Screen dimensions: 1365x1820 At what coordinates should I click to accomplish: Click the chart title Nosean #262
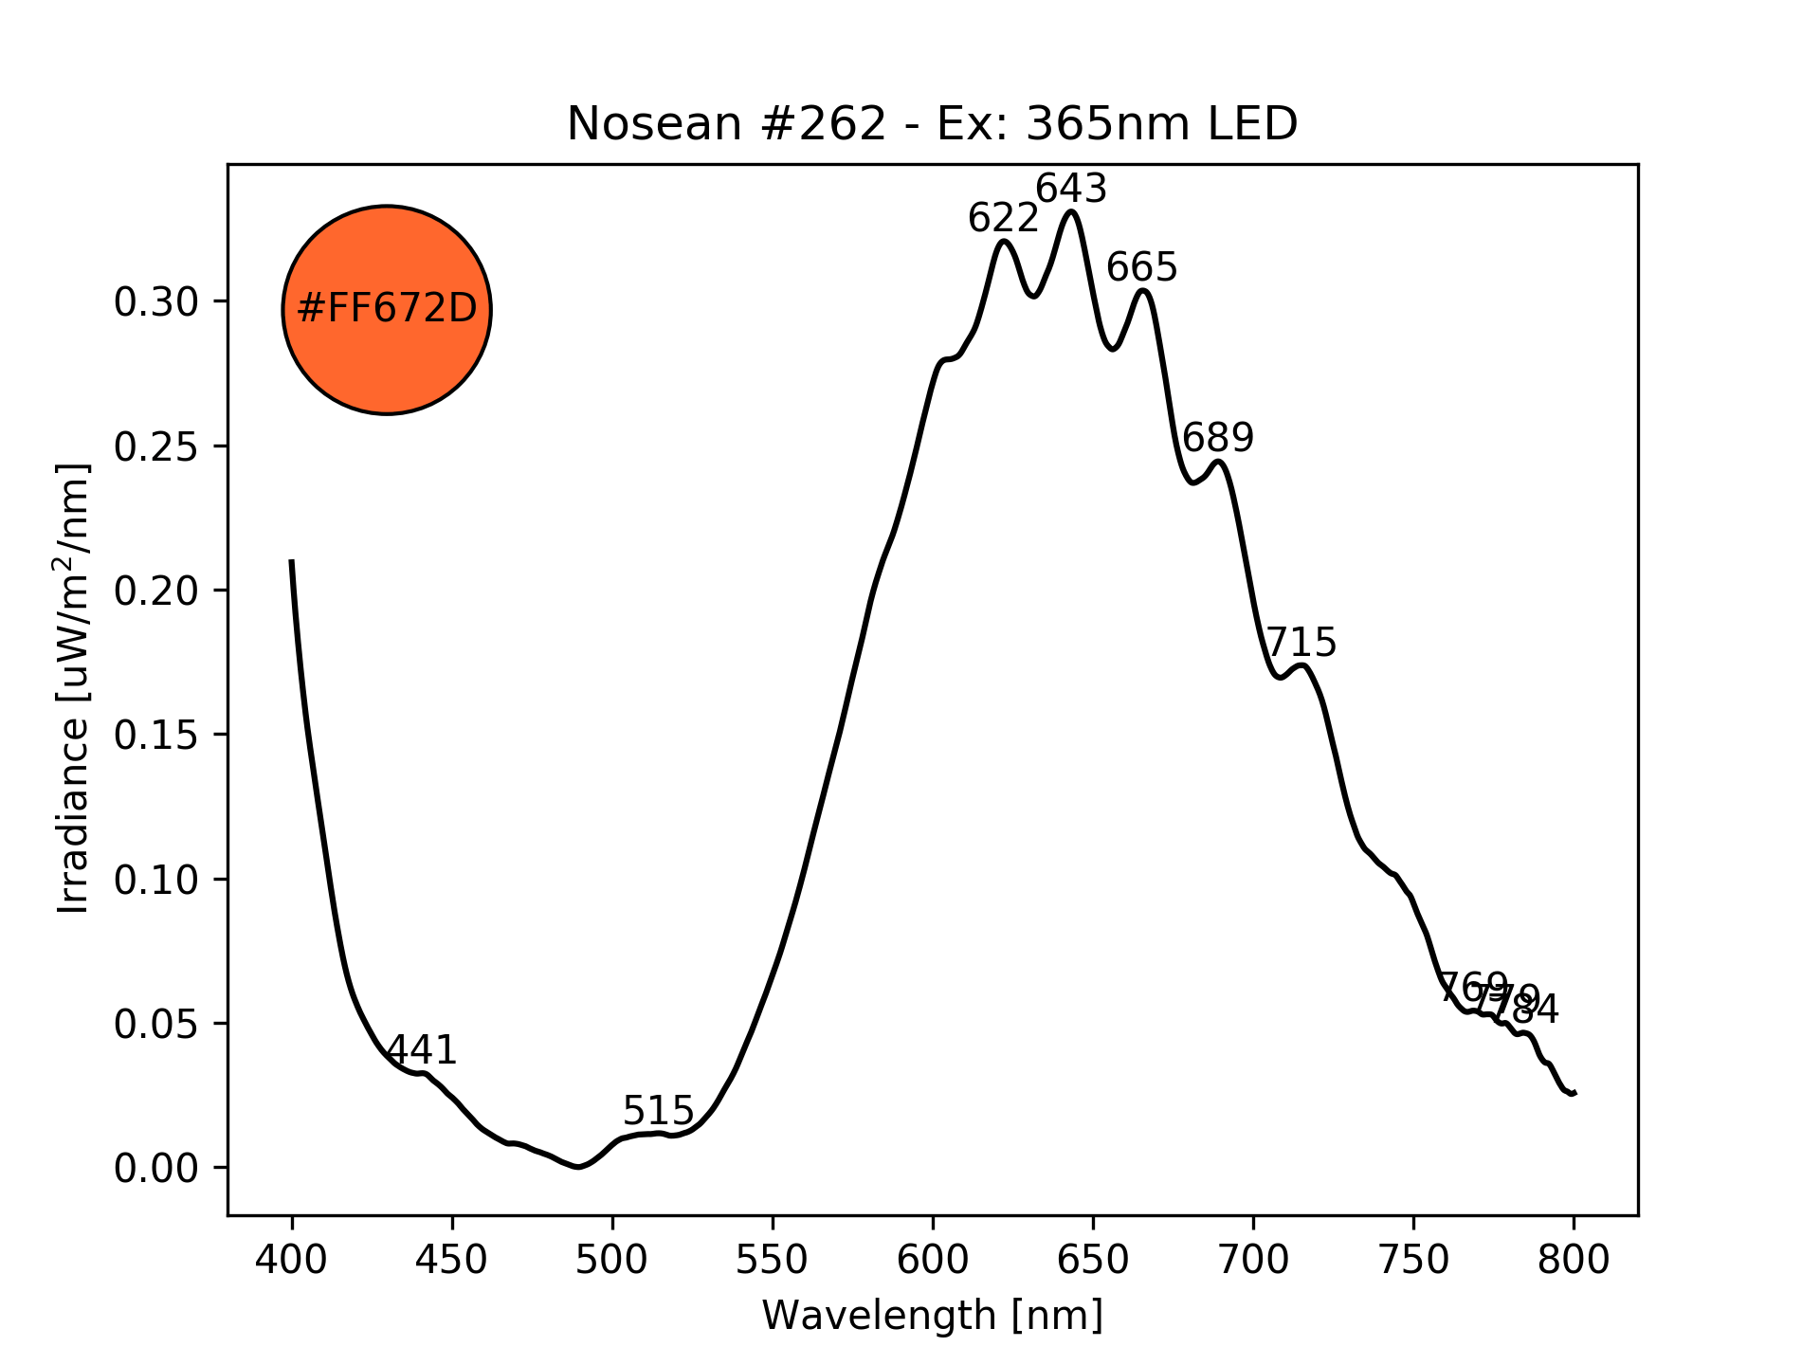tap(932, 124)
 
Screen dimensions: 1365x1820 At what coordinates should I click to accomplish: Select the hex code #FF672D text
tap(387, 309)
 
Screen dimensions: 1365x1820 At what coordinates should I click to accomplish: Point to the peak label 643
tap(1071, 190)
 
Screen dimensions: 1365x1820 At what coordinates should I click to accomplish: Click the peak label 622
tap(1003, 219)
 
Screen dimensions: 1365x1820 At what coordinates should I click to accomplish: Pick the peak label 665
tap(1141, 268)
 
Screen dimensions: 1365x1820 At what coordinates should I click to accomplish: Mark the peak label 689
tap(1218, 438)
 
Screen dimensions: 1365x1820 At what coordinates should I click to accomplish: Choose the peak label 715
tap(1301, 643)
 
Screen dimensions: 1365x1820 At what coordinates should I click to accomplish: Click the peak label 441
tap(423, 1050)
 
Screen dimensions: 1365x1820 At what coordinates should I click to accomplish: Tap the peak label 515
tap(658, 1110)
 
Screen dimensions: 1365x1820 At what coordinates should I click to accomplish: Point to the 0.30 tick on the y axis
tap(156, 302)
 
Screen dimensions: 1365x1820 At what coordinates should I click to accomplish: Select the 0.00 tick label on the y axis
tap(156, 1169)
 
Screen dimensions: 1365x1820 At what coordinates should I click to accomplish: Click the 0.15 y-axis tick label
tap(156, 736)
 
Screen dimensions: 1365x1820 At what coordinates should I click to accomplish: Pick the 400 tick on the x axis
tap(292, 1260)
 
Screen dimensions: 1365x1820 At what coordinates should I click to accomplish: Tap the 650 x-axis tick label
tap(1093, 1260)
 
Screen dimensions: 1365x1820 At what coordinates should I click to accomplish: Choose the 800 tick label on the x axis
tap(1574, 1260)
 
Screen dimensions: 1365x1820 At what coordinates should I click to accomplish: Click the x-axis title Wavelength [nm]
tap(932, 1316)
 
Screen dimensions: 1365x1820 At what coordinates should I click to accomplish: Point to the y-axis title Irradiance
tap(74, 689)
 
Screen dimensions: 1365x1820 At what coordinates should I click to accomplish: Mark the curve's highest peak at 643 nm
tap(1071, 211)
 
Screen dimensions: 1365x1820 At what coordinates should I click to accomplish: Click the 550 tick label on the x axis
tap(773, 1260)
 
